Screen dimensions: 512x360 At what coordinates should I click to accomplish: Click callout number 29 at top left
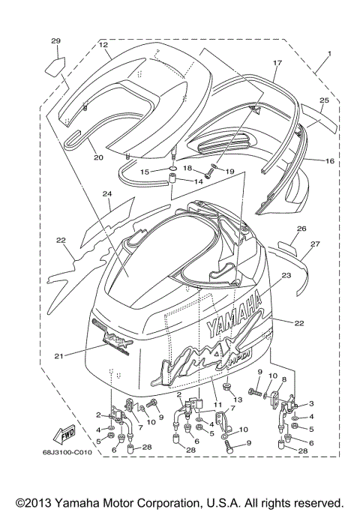click(x=55, y=40)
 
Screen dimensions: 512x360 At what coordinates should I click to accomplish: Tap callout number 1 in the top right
click(x=327, y=55)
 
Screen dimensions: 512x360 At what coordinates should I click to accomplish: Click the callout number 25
click(x=324, y=100)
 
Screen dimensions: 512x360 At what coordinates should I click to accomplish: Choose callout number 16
click(x=329, y=161)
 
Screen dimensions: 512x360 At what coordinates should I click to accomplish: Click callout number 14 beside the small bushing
click(x=199, y=181)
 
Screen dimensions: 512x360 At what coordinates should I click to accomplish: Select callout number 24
click(x=107, y=193)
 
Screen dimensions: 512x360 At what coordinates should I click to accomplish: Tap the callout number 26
click(x=302, y=229)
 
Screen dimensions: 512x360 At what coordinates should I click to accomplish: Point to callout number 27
click(x=316, y=244)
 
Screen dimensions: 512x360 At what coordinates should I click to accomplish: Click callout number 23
click(x=286, y=276)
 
